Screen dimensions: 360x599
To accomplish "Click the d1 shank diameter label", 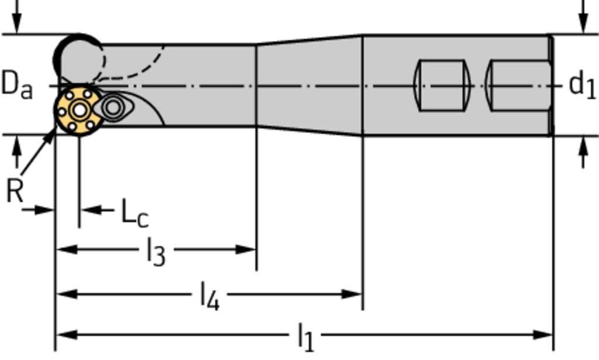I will point(582,85).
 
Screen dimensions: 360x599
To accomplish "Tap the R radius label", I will point(14,190).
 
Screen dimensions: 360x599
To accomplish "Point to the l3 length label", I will point(156,253).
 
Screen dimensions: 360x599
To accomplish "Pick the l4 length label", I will point(209,296).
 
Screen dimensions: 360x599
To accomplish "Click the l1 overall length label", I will point(305,338).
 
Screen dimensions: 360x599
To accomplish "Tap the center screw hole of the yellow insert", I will point(78,109).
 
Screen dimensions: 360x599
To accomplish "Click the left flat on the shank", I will point(442,85).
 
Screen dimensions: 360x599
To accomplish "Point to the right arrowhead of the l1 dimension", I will point(544,335).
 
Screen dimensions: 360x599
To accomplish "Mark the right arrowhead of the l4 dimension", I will point(353,293).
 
